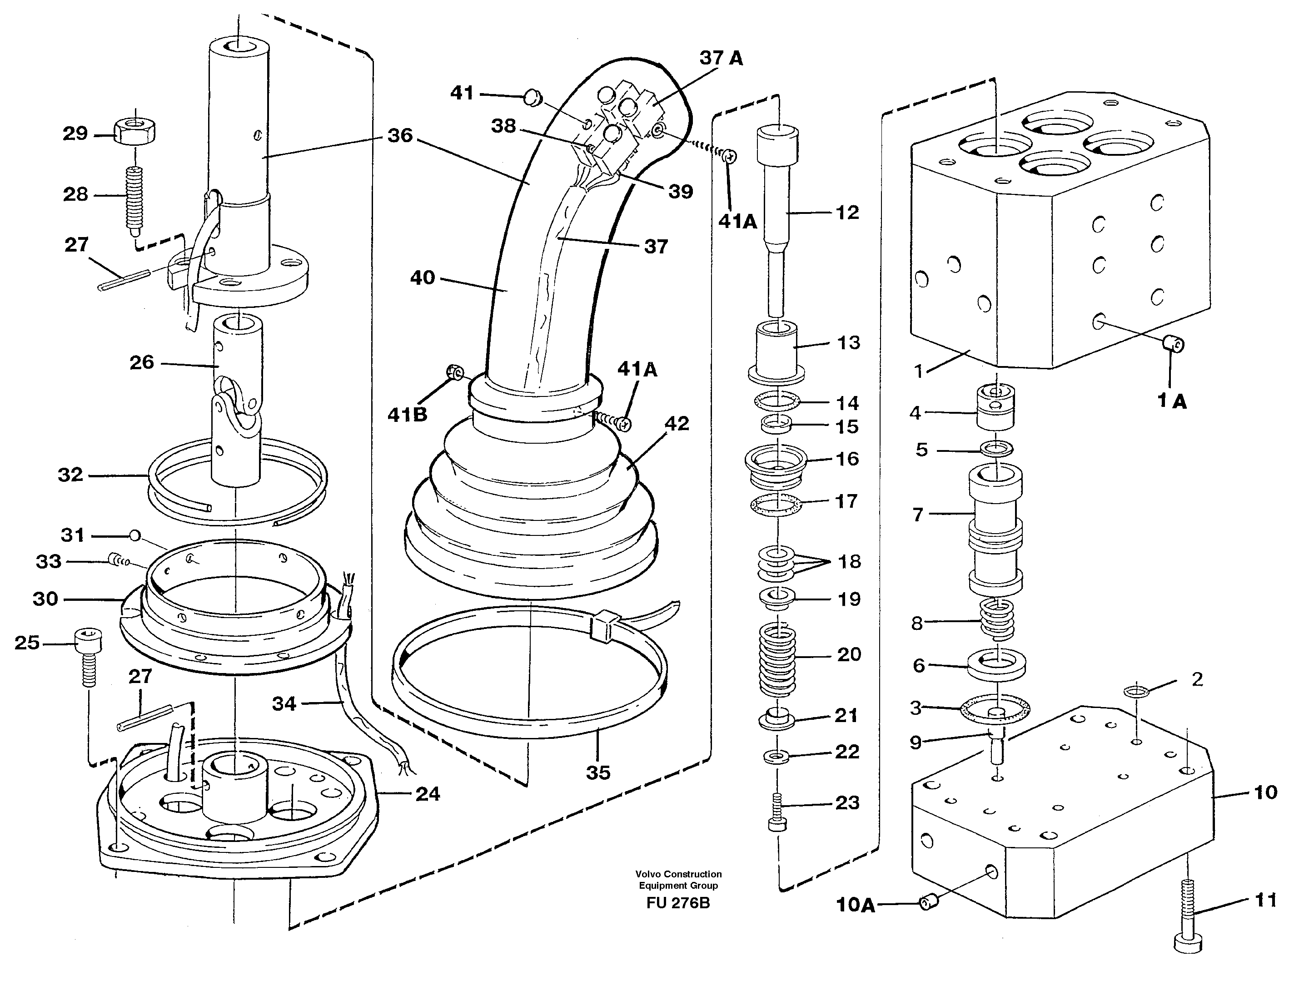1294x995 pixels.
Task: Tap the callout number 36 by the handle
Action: click(400, 136)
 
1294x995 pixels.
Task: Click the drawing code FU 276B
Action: click(678, 903)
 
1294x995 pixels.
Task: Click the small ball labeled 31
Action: click(135, 535)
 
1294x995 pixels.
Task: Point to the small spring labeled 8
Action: click(998, 619)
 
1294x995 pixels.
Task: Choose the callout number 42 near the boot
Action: click(677, 423)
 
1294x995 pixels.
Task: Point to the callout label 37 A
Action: click(721, 58)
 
